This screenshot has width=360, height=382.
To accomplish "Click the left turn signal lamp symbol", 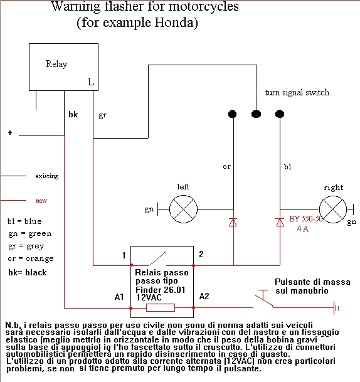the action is pyautogui.click(x=183, y=209).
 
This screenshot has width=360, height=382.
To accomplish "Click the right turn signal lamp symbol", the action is pyautogui.click(x=333, y=210).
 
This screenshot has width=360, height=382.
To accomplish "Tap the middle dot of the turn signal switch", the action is pyautogui.click(x=256, y=114).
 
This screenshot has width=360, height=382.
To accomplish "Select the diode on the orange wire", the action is pyautogui.click(x=233, y=222).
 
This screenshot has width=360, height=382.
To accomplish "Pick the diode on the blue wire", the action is pyautogui.click(x=280, y=222).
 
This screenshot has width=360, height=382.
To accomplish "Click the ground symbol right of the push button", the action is pyautogui.click(x=336, y=308).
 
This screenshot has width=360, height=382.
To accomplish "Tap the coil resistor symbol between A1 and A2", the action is pyautogui.click(x=161, y=308).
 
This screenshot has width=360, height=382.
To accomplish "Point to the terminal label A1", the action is pyautogui.click(x=119, y=297).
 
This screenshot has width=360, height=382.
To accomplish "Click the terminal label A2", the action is pyautogui.click(x=204, y=296).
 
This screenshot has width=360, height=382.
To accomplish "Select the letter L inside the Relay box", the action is pyautogui.click(x=91, y=82).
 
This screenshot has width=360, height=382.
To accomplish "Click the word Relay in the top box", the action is pyautogui.click(x=56, y=64).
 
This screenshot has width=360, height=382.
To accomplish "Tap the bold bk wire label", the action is pyautogui.click(x=73, y=114).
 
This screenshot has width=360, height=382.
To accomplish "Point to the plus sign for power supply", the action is pyautogui.click(x=10, y=133).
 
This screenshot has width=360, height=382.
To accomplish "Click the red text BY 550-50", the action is pyautogui.click(x=306, y=219).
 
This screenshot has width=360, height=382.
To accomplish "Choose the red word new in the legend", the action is pyautogui.click(x=41, y=201).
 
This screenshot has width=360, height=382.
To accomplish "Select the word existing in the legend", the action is pyautogui.click(x=47, y=176).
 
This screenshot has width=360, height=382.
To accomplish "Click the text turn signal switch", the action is pyautogui.click(x=297, y=92).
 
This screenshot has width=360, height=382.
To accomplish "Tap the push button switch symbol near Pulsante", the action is pyautogui.click(x=263, y=299).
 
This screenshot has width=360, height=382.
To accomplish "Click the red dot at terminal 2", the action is pyautogui.click(x=193, y=265).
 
